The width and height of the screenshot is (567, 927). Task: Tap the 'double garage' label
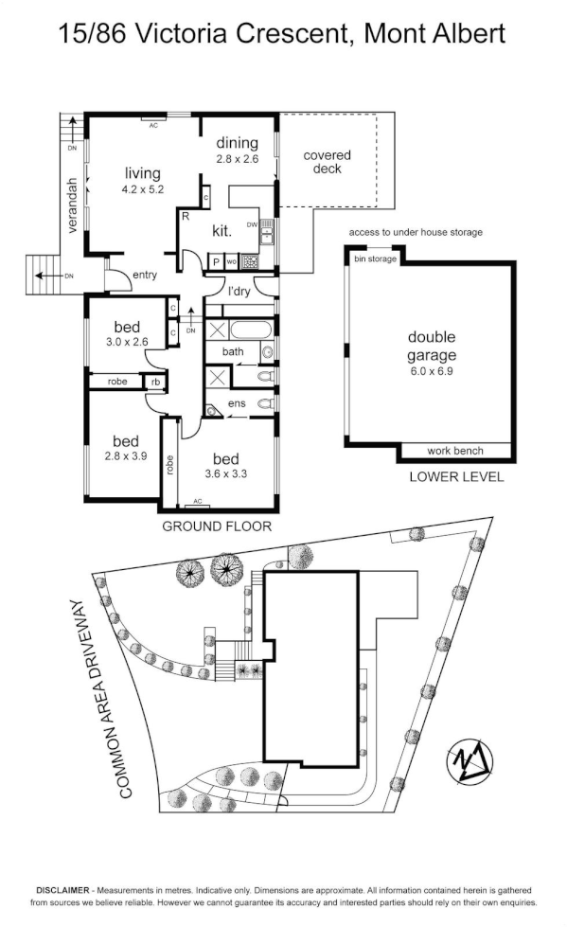coord(432,346)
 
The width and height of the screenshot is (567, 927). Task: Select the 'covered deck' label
coord(327,162)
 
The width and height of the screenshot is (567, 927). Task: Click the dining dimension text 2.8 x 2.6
coord(237,159)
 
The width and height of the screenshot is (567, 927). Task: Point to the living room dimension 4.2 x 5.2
coord(143,189)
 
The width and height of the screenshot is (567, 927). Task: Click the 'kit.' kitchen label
coord(221,231)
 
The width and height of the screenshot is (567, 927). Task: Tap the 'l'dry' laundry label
coord(239,292)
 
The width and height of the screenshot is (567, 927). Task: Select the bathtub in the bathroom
coord(250,330)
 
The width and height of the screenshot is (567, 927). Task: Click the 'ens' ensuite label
coord(237,403)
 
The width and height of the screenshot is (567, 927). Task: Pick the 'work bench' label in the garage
coord(455,451)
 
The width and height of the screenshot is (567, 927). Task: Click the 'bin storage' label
coord(375,258)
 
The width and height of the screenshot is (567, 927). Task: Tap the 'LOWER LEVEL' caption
coord(456,477)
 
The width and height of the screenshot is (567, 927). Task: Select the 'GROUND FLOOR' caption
coord(217,526)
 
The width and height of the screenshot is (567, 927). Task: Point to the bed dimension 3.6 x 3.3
coord(226,473)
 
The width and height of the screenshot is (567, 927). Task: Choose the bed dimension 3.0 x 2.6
coord(127,342)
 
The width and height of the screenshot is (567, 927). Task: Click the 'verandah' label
coord(73,205)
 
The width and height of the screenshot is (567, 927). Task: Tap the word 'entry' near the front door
coord(145,275)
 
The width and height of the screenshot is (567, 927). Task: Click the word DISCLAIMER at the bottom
coord(63,890)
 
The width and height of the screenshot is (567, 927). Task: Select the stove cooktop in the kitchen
coord(249,260)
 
